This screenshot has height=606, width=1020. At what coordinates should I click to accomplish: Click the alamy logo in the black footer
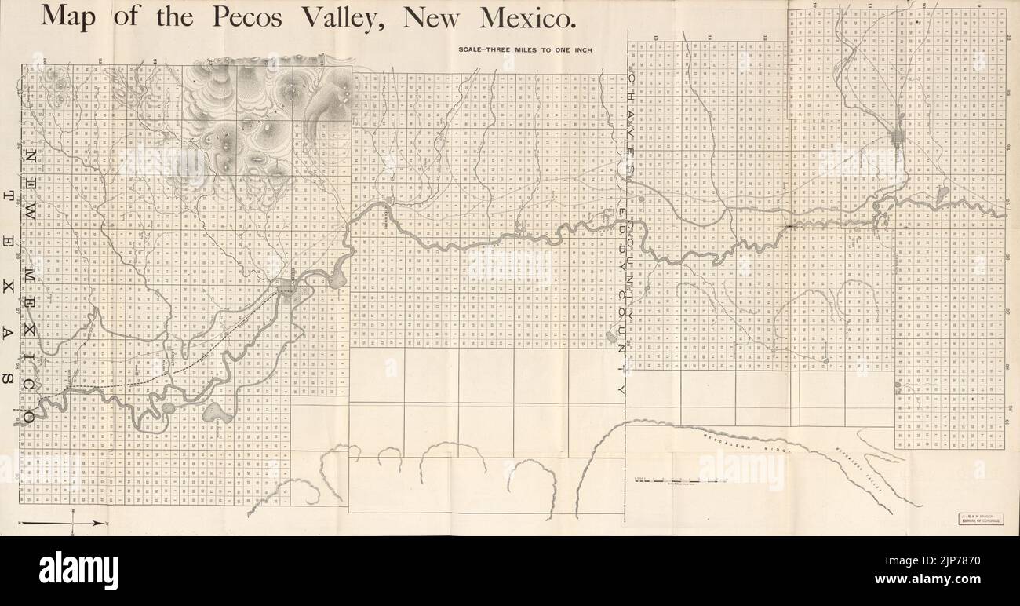coord(78,571)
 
